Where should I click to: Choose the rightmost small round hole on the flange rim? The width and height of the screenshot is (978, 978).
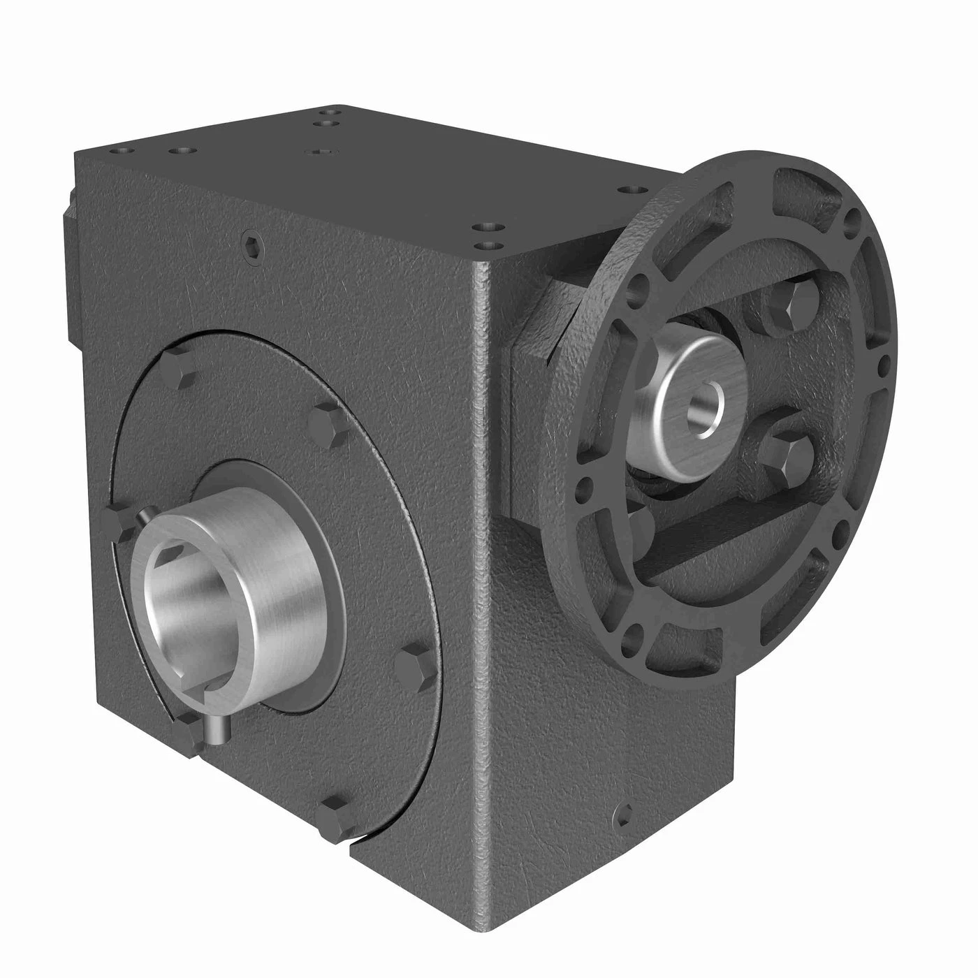click(x=886, y=362)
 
